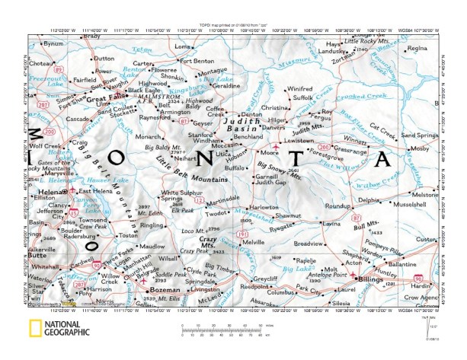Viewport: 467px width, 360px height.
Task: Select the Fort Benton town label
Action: click(198, 60)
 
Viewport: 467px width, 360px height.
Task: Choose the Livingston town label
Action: click(203, 289)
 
